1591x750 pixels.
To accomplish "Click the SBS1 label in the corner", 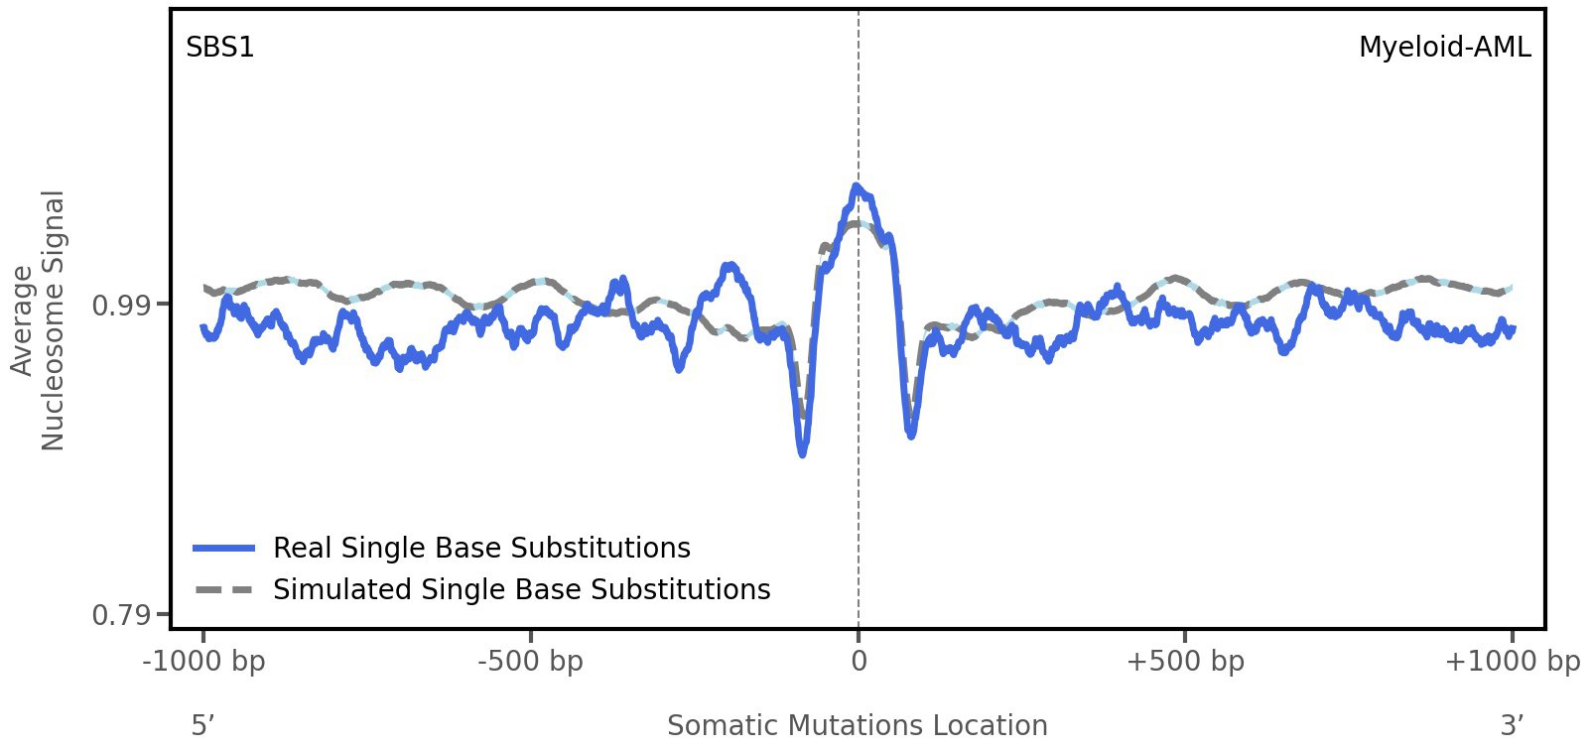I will pos(220,47).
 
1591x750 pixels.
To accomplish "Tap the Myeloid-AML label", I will pos(1444,47).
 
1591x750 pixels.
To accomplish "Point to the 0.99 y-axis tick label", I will pos(117,305).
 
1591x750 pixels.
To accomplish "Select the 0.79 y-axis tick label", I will pos(117,616).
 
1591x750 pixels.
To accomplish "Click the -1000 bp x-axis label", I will pos(204,661).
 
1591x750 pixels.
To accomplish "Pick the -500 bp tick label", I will pos(530,661).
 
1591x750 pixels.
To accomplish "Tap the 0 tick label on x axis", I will pos(859,661).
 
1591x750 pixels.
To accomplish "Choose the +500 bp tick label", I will pos(1185,661).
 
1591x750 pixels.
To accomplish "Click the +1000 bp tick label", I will pos(1512,661).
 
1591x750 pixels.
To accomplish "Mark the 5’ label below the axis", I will pos(203,725).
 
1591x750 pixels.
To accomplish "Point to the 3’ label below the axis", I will pos(1512,725).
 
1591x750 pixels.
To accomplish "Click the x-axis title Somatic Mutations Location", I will pos(858,725).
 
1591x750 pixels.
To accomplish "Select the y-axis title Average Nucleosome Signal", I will pos(39,320).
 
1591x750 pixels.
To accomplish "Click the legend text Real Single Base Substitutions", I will pos(481,548).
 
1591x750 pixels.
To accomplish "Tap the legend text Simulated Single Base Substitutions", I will pos(521,589).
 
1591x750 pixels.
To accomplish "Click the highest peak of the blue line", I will pos(857,186).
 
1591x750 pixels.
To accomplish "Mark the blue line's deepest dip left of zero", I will pos(802,453).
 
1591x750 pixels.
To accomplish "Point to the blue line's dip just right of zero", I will pos(911,435).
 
